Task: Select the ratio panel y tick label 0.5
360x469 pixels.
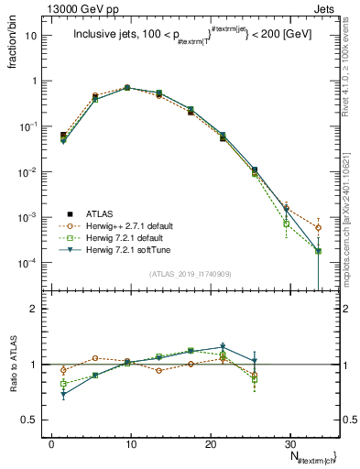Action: [x=33, y=420]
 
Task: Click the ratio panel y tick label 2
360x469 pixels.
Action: [x=38, y=310]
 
